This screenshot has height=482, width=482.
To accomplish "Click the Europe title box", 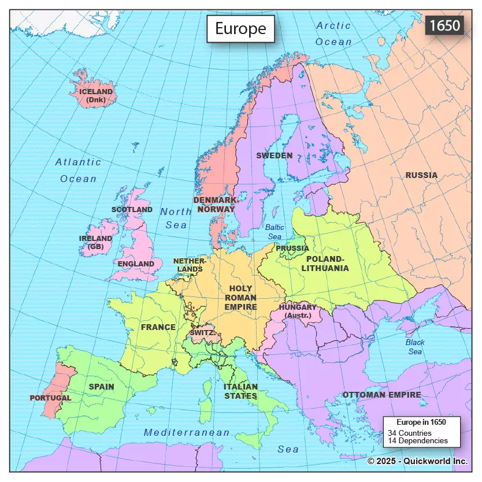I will [240, 29].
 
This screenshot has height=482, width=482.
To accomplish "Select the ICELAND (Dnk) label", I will [96, 95].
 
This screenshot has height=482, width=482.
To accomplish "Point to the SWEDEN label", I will [274, 155].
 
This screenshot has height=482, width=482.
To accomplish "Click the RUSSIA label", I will [421, 175].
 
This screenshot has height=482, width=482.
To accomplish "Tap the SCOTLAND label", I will [132, 209].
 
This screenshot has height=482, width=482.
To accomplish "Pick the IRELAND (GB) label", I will [96, 242].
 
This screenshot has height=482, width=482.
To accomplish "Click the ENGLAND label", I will [136, 264].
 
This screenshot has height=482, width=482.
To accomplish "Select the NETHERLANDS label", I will [190, 265].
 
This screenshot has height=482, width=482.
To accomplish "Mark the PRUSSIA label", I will [292, 248].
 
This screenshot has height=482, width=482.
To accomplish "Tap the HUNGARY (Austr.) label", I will [298, 311].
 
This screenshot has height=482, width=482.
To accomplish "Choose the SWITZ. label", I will [202, 333].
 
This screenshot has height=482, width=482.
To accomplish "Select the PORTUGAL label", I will [50, 398].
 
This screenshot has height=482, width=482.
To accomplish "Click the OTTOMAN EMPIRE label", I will [381, 395].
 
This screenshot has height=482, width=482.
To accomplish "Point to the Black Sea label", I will [414, 347].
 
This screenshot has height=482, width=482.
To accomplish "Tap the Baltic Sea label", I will [275, 232].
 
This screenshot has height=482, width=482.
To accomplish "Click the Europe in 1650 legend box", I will [421, 431].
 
